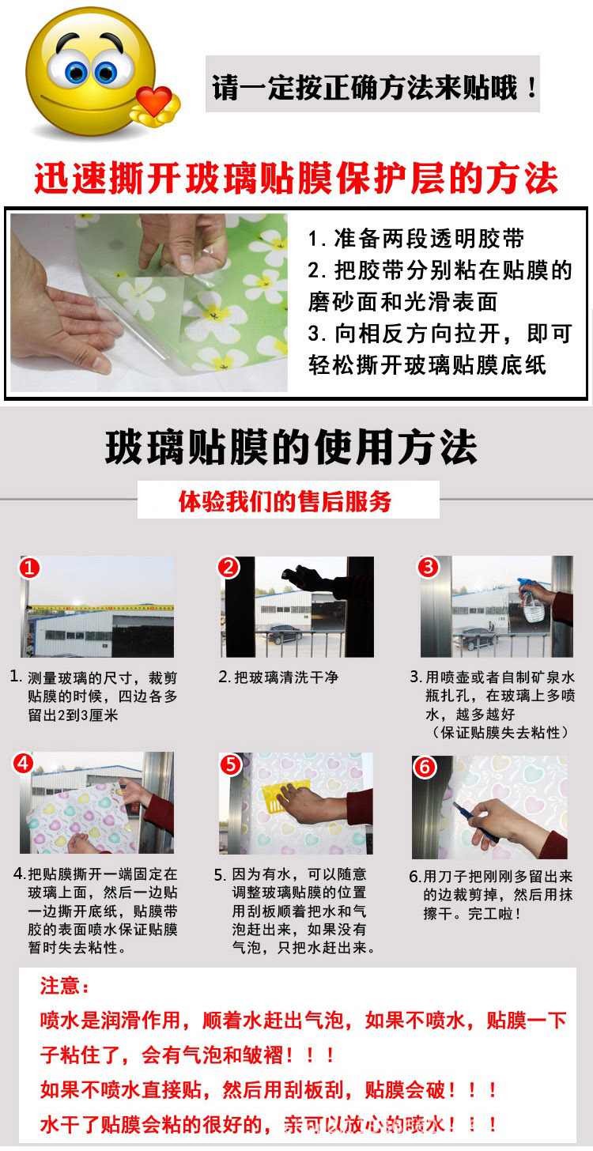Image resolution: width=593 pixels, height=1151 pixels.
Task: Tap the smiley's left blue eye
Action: point(76,72)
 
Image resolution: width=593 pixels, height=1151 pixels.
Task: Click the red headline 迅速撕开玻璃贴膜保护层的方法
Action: point(296,179)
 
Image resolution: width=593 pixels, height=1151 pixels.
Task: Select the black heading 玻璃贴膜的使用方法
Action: point(292,447)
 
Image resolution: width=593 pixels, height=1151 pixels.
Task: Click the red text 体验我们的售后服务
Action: point(285,501)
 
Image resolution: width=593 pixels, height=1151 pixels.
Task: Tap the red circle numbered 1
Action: point(29,568)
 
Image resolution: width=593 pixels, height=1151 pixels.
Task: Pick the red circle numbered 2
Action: point(229,568)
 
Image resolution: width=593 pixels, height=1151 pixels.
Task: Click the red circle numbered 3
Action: point(428,567)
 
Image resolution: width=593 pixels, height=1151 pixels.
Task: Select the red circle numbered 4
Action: point(24,764)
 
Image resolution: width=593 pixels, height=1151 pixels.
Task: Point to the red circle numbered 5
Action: point(231,764)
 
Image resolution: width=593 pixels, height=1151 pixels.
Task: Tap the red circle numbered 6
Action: point(425,767)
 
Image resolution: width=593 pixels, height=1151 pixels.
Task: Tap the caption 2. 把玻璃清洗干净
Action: point(278,677)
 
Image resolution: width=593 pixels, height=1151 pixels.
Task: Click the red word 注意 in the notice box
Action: point(59,986)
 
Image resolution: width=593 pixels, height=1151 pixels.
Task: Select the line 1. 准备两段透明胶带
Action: point(416,239)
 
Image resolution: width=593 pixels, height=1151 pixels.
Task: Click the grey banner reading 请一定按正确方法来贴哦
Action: point(372,84)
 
